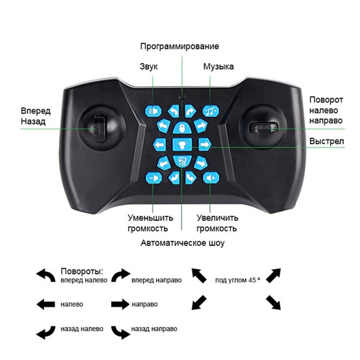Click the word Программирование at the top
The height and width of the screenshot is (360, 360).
pos(179,47)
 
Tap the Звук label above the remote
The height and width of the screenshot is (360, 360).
pos(149,67)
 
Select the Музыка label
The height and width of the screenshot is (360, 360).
pos(218,67)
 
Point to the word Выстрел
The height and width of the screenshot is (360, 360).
pos(326,141)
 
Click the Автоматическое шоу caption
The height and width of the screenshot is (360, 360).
pos(182,243)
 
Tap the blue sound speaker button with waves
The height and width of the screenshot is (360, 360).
pos(153,112)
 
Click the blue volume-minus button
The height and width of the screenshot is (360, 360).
pos(154,178)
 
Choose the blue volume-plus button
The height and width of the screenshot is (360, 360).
pos(211,178)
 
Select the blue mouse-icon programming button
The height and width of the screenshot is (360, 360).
pos(182,127)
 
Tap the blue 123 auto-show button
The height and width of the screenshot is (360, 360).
pos(182,161)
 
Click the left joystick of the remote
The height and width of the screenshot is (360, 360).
pos(101,128)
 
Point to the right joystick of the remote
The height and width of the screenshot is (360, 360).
pos(263,128)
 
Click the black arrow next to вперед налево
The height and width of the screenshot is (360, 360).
pos(46,275)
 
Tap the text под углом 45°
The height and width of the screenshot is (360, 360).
pos(238,280)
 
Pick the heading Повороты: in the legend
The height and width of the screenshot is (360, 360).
pos(82,271)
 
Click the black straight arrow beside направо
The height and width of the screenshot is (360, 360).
pos(121,304)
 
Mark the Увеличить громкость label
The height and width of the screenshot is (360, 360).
pos(217,223)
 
